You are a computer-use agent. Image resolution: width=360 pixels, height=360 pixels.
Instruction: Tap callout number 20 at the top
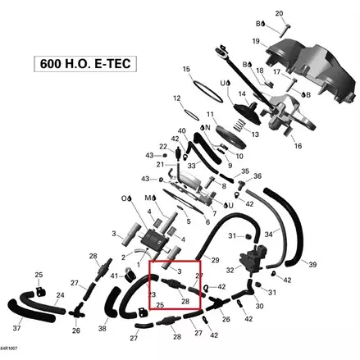coord(279,14)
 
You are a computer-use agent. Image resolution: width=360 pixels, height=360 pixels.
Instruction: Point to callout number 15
coord(186,69)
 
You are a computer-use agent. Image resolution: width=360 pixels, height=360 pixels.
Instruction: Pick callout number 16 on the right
coord(297,146)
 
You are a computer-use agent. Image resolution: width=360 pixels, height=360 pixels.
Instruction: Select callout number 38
coord(103,328)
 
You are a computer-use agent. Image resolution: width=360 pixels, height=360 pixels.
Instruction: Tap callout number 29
coord(215,260)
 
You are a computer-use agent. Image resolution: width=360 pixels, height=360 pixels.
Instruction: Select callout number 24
coord(59,294)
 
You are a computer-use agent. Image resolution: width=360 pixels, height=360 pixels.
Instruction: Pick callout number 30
coord(260,306)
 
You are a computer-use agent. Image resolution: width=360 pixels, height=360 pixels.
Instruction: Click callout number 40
coord(181,130)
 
